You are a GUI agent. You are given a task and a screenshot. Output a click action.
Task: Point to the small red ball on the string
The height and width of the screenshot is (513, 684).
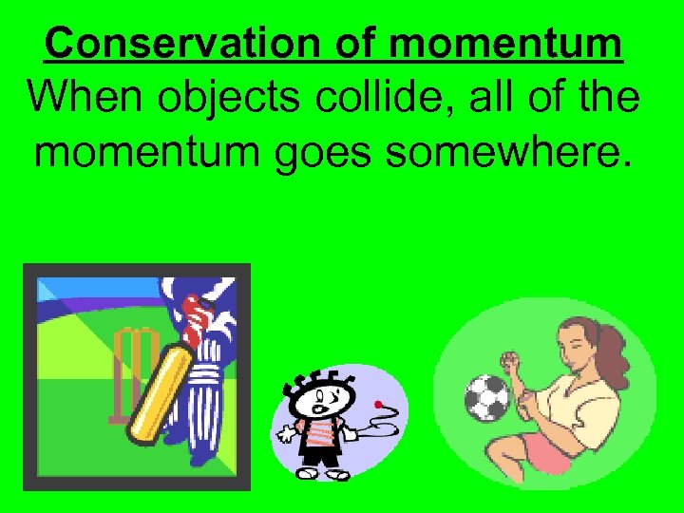(x=378, y=405)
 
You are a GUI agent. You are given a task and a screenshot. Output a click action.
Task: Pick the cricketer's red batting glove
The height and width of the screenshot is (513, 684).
(x=195, y=313)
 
